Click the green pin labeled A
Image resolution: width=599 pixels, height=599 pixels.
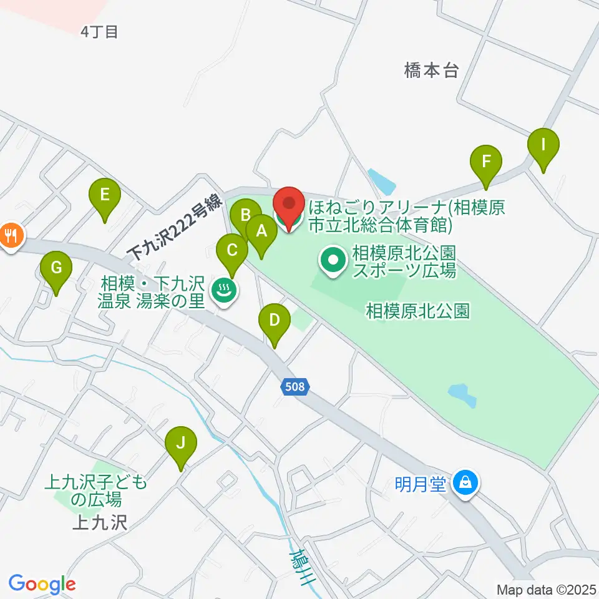point(262,233)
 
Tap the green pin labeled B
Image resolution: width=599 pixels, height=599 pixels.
point(245,217)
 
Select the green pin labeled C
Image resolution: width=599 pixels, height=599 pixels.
point(232,251)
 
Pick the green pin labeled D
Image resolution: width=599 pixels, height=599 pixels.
point(275,321)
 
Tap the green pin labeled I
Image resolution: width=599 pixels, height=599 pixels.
point(543,146)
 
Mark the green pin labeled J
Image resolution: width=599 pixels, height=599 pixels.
point(181,444)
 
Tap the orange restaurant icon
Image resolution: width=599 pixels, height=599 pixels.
point(11,236)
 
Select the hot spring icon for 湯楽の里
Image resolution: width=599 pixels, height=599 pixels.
point(223,290)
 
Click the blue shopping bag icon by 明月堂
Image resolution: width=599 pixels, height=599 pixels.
point(465,482)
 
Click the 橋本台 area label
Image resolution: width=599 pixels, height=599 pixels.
point(431,71)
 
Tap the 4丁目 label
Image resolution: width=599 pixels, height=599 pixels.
point(99,32)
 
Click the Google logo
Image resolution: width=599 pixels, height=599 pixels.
point(42,585)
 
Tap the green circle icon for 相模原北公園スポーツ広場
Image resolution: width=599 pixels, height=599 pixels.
point(334,261)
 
